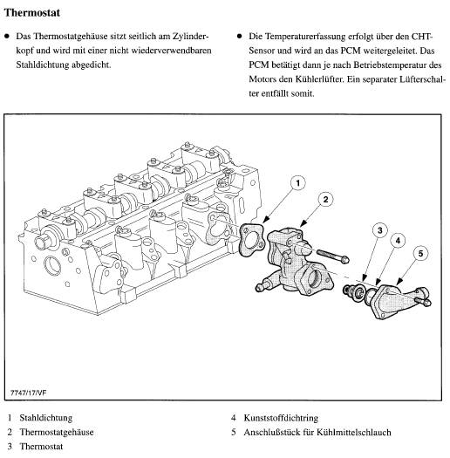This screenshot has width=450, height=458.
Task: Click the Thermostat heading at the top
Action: (x=32, y=12)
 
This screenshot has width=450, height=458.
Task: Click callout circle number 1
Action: (x=298, y=183)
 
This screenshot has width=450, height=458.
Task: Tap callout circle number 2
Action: (x=325, y=200)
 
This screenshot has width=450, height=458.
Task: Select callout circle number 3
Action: (x=380, y=230)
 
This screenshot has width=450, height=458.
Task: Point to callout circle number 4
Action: (x=398, y=241)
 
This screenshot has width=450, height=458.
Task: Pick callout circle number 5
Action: (x=420, y=253)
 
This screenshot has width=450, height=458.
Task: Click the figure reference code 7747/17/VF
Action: (x=28, y=393)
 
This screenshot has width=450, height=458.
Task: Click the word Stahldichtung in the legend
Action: (x=46, y=418)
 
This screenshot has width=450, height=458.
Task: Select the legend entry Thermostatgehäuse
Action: (x=57, y=432)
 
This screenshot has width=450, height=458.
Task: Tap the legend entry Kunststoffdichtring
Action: (x=281, y=418)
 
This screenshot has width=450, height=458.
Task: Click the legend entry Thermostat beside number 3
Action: (x=41, y=447)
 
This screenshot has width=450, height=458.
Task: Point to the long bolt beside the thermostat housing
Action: (x=332, y=256)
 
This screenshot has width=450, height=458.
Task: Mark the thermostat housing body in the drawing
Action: (x=295, y=262)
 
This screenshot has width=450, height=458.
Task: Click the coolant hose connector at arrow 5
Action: (x=400, y=302)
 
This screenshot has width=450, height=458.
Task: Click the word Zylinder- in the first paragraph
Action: (x=191, y=37)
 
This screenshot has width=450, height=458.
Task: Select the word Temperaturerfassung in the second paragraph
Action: (x=305, y=37)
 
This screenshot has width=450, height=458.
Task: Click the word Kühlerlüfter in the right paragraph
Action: (x=319, y=79)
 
